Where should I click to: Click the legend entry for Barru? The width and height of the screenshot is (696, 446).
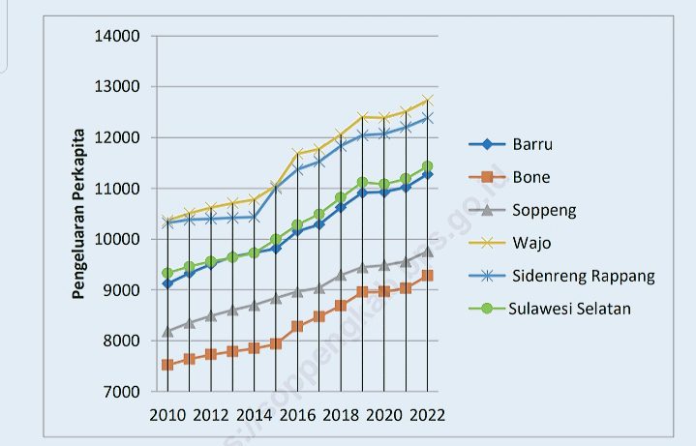coord(533,144)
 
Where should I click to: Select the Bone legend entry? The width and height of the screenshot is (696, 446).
coord(531,177)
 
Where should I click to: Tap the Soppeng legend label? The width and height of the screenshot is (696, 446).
coord(544,210)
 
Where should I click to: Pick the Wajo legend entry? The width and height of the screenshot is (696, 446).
coord(530,243)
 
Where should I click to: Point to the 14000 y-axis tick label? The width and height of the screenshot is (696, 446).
coord(117,37)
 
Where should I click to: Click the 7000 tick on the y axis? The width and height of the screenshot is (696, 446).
coord(121,392)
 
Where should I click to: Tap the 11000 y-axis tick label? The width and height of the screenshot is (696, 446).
coord(117,189)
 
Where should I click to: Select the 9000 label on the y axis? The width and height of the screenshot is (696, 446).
coord(121,290)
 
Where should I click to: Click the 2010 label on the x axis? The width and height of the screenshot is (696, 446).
coord(167,415)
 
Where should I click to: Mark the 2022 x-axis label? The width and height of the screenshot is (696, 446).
coord(427,415)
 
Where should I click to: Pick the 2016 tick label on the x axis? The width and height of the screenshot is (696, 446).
coord(297,415)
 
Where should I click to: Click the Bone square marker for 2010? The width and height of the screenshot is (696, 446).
coord(167,365)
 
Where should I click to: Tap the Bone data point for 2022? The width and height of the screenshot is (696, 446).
coord(427,276)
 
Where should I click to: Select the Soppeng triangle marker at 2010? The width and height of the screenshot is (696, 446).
coord(167,331)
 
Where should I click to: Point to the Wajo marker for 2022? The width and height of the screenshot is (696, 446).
coord(427,101)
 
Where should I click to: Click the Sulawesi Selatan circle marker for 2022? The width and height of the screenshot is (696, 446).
coord(427,166)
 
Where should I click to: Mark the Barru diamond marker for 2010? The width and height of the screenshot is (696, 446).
coord(167,283)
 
